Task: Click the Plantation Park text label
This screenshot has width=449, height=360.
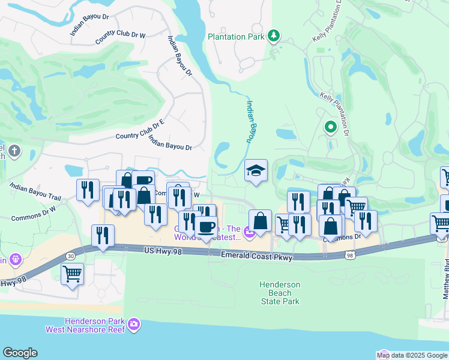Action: pos(236,37)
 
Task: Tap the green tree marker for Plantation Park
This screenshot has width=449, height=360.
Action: pos(274,36)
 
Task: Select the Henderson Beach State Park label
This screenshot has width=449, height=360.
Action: pos(279,293)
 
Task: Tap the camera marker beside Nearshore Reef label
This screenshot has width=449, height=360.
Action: pos(134,325)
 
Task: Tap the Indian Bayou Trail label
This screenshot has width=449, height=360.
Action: pos(35,192)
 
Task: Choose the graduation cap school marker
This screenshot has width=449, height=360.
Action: pos(256,171)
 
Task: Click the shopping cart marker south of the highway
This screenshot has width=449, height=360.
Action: pos(72,275)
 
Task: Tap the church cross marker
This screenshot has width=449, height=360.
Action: pos(14,150)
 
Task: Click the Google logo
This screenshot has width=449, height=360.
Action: pos(19,353)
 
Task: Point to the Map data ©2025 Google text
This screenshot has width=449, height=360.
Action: pos(411,355)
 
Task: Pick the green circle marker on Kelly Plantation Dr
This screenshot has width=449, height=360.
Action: pos(330,127)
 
